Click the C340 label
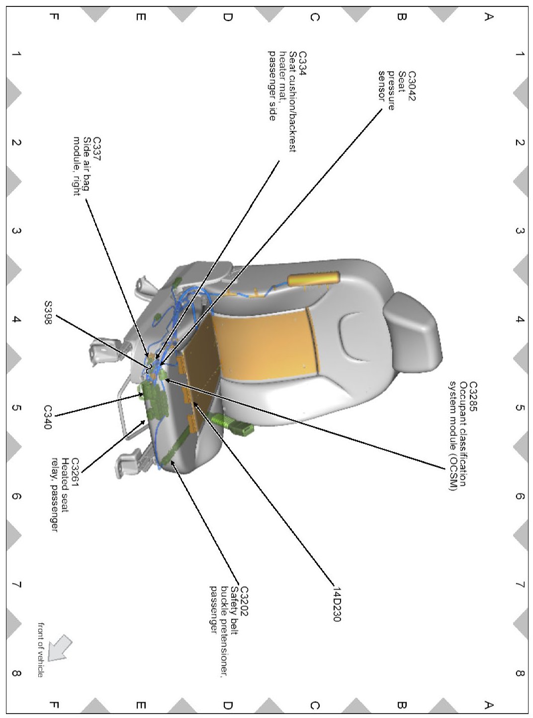point(48,417)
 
